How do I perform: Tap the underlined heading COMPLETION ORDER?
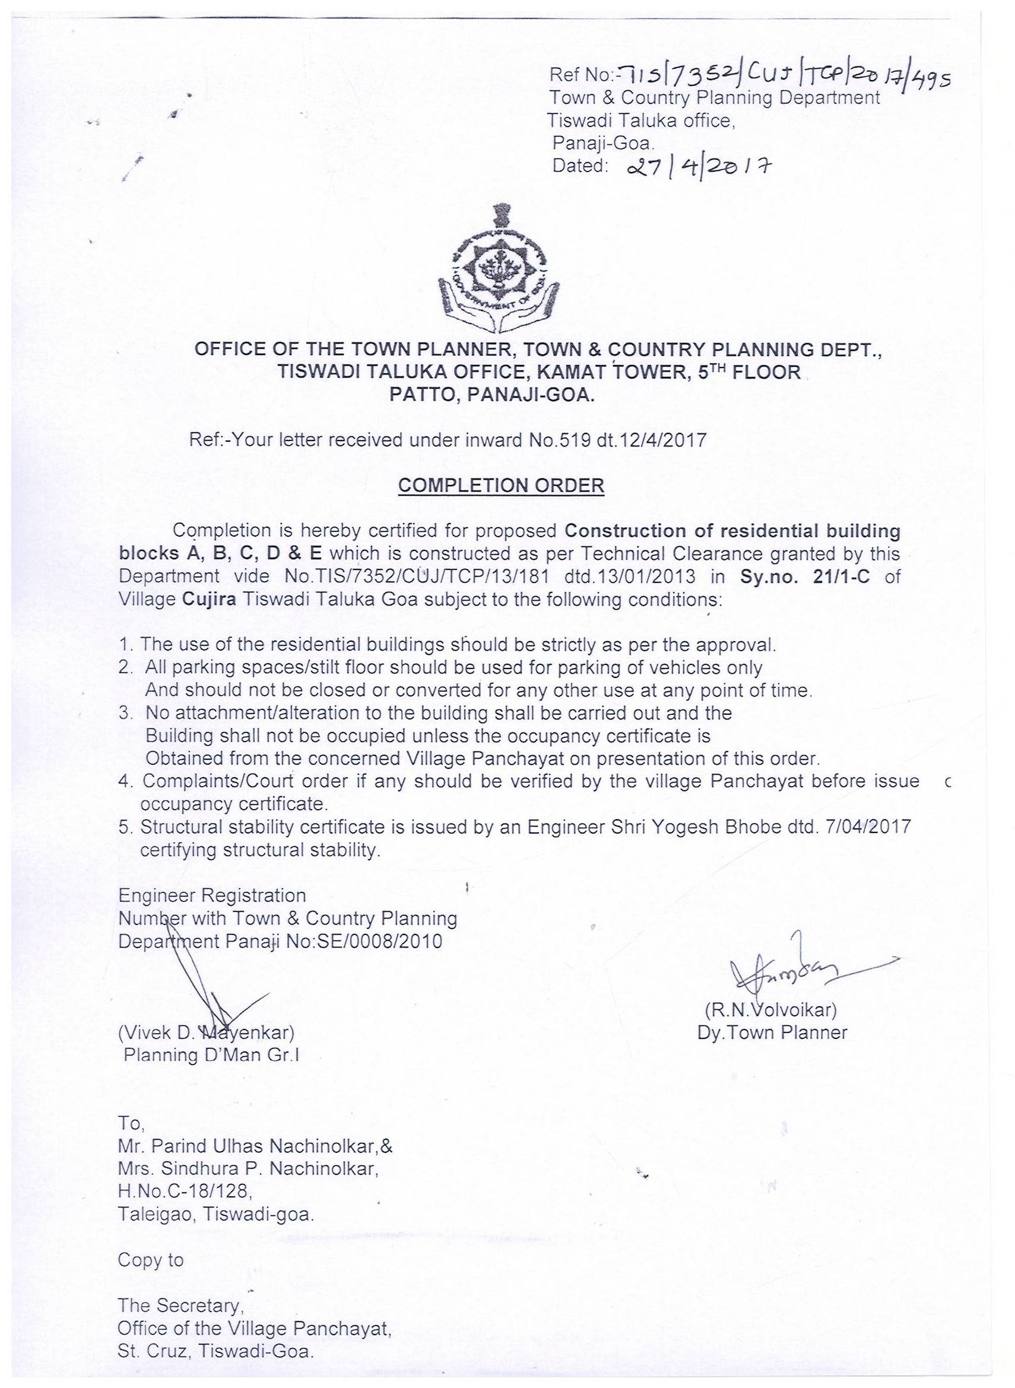(501, 486)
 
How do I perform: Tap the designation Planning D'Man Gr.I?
(211, 1055)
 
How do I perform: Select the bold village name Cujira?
(210, 600)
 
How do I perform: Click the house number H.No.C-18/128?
(183, 1192)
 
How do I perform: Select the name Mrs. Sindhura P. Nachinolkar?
(248, 1169)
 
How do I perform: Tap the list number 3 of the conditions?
(125, 714)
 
